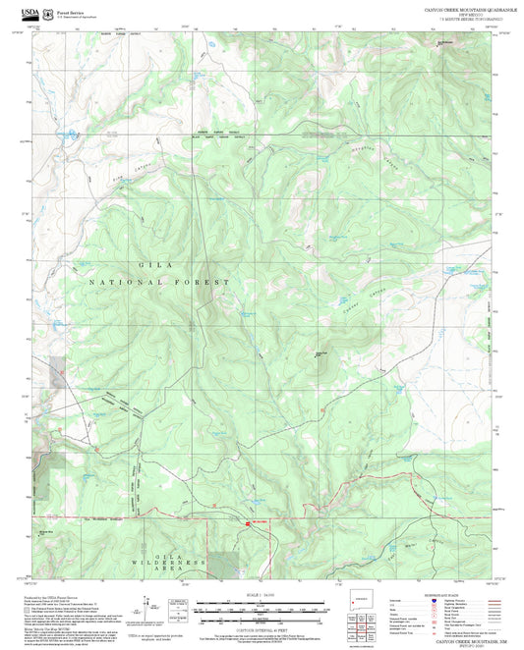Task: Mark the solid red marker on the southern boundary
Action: coord(246,523)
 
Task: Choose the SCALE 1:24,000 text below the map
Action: coord(261,593)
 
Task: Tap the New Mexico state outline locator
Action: coord(360,599)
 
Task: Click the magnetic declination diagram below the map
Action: coord(147,607)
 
